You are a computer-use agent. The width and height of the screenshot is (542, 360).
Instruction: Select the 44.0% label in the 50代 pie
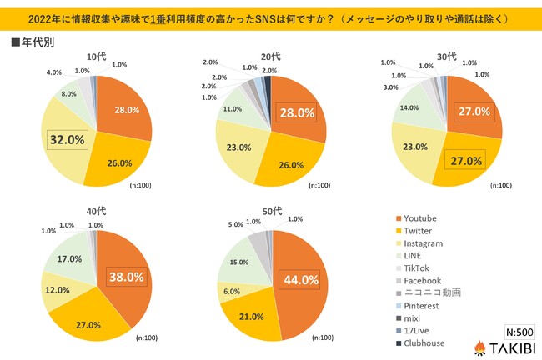[x=300, y=280]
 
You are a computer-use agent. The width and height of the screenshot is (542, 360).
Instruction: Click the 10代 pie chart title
[x=97, y=56]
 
